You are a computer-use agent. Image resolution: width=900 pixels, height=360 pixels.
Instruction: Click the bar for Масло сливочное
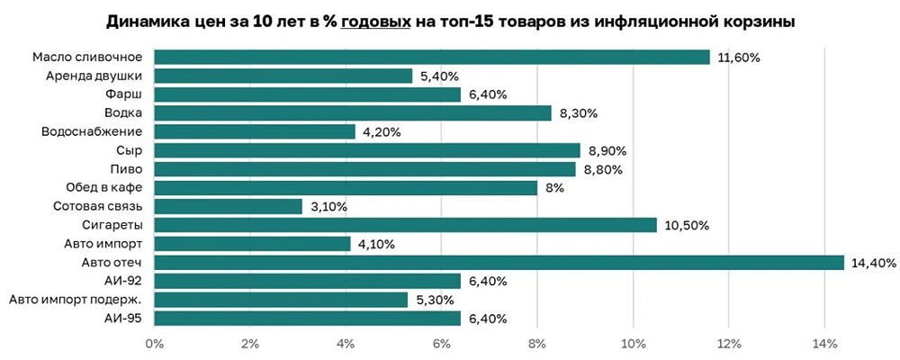[432, 58]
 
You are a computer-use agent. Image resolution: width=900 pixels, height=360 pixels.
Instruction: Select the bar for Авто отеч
[499, 262]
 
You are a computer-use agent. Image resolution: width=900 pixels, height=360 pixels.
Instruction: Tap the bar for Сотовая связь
[229, 206]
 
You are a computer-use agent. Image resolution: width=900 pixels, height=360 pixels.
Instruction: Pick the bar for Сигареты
[405, 225]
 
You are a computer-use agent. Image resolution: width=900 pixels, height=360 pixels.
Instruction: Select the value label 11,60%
[740, 58]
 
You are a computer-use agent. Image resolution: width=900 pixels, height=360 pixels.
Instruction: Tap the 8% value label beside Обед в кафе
[554, 188]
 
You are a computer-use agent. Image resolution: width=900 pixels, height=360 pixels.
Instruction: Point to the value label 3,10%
[329, 206]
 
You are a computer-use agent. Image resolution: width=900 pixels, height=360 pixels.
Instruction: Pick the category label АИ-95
[129, 318]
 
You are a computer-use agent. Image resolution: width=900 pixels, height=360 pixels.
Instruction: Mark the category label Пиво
[131, 169]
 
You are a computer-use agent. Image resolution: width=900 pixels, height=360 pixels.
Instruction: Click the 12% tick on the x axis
[729, 343]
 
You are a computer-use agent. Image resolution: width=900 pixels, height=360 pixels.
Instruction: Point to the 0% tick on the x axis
[155, 343]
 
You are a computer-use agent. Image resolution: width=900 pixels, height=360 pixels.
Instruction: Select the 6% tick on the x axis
[442, 343]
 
